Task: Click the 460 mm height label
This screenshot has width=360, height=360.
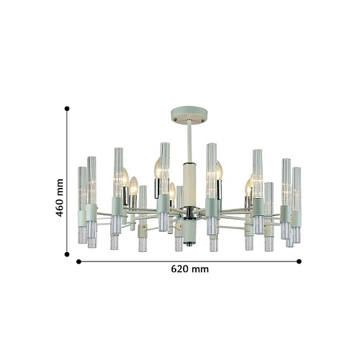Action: tap(60, 197)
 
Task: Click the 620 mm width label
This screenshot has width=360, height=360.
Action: tap(190, 269)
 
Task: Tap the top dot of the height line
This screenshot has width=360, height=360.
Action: tap(67, 109)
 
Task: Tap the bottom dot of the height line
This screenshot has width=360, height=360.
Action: tap(67, 254)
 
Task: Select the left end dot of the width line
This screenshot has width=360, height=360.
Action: tap(78, 261)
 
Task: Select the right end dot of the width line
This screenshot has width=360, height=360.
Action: tap(299, 261)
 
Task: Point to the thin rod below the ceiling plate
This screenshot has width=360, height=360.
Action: tap(189, 142)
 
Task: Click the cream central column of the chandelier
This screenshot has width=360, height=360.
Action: tap(189, 184)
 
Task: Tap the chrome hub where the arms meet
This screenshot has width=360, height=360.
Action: tap(189, 212)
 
